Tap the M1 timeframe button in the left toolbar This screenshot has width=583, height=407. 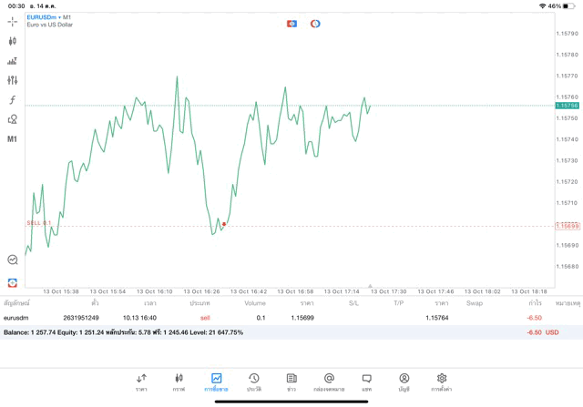[x=12, y=139]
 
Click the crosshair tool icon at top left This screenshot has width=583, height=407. [x=12, y=21]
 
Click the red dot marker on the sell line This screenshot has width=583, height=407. [x=224, y=224]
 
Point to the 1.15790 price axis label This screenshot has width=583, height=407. [x=568, y=34]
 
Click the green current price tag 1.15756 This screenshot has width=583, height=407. [x=568, y=106]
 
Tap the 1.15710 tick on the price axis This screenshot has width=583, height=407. [x=568, y=203]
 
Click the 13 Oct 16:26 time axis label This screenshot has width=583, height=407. [x=202, y=291]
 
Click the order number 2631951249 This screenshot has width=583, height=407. [x=81, y=318]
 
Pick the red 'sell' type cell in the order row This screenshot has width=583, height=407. [x=205, y=318]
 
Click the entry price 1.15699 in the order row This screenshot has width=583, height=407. [x=302, y=318]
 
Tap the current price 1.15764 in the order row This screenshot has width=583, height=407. [x=436, y=318]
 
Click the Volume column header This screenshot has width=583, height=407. [x=255, y=303]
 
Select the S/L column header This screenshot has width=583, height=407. [x=353, y=303]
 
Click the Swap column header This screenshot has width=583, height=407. [x=475, y=303]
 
